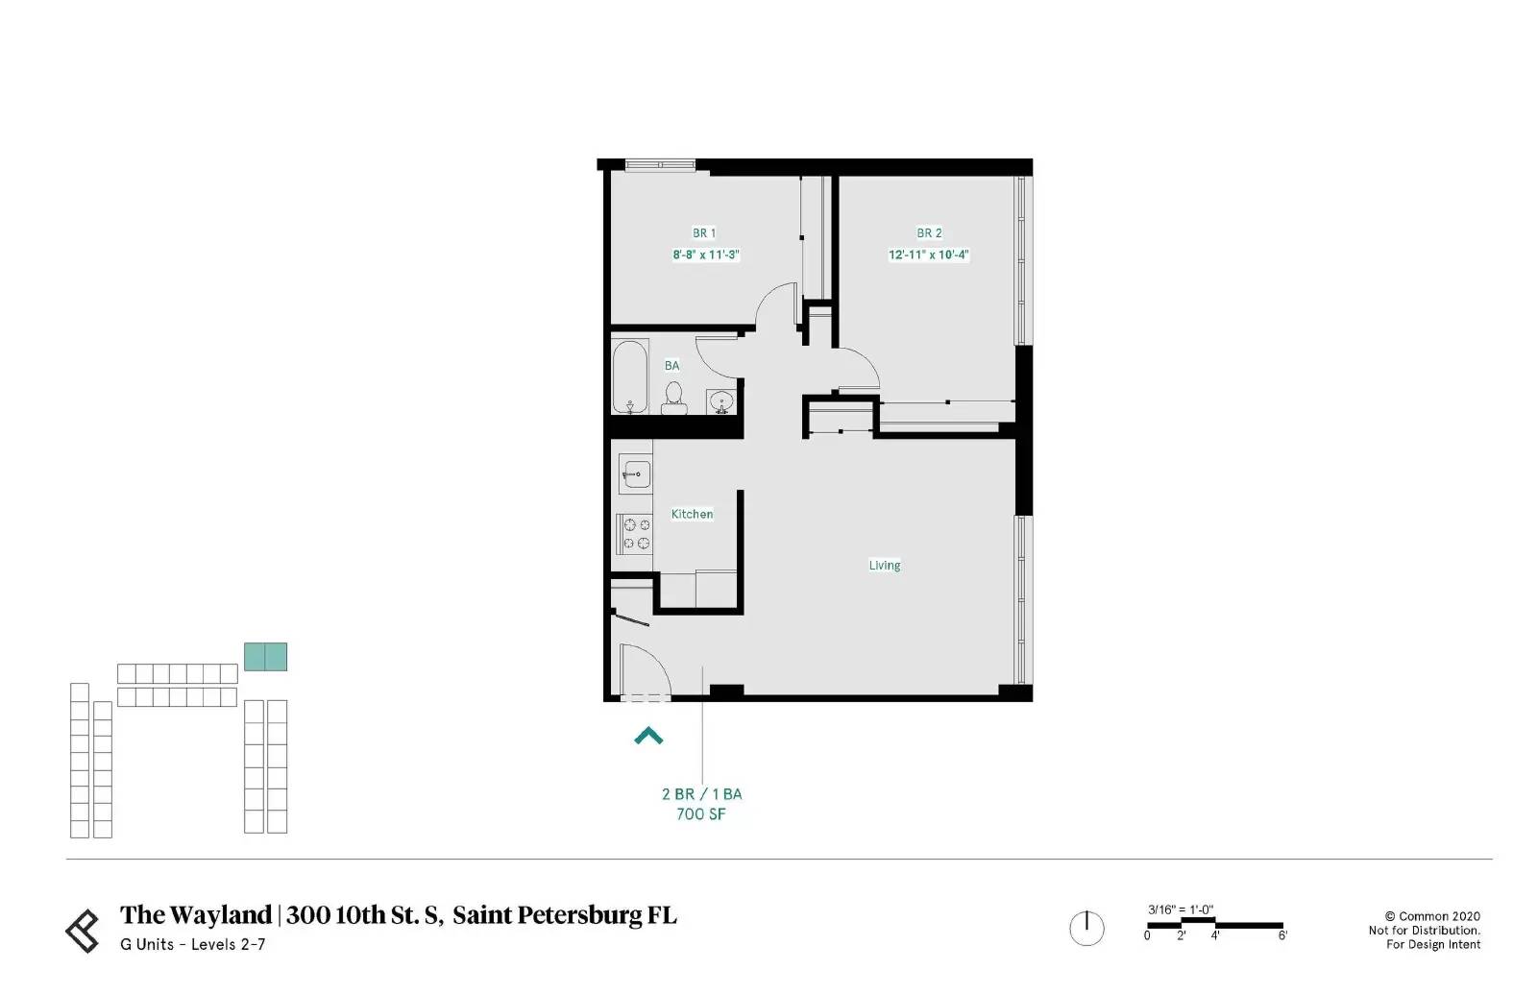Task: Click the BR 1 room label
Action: pos(704,233)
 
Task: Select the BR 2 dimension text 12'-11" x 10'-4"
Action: pos(928,255)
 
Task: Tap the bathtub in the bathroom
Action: pos(630,376)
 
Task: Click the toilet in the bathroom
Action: pos(673,399)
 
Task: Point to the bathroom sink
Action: pos(721,401)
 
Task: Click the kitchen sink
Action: pos(635,474)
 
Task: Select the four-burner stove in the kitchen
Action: pos(635,534)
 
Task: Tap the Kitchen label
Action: pos(692,514)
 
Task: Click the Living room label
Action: pos(885,566)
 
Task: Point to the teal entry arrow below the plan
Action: pos(648,736)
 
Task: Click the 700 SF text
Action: pos(700,814)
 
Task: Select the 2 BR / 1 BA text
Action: pos(701,793)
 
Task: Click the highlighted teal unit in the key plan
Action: pos(265,657)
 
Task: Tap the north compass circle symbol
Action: pos(1086,928)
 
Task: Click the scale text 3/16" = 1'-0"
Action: pos(1181,909)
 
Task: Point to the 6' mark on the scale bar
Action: pos(1282,935)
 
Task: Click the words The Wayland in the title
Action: pos(196,915)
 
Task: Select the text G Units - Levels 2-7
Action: pos(193,945)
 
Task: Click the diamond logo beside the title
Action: pos(83,931)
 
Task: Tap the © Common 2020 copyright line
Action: pos(1432,916)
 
